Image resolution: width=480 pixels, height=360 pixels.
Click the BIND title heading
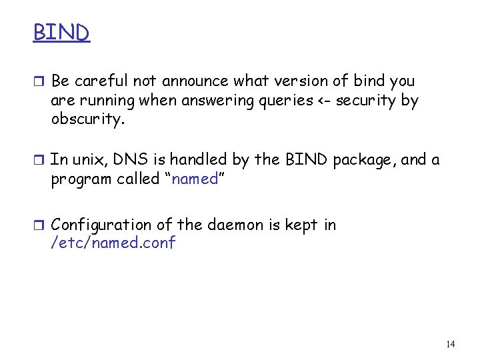tap(61, 32)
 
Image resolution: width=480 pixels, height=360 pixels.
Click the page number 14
tap(450, 344)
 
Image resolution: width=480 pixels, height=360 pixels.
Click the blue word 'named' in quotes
tap(195, 179)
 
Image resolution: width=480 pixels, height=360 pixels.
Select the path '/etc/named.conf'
tap(113, 243)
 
